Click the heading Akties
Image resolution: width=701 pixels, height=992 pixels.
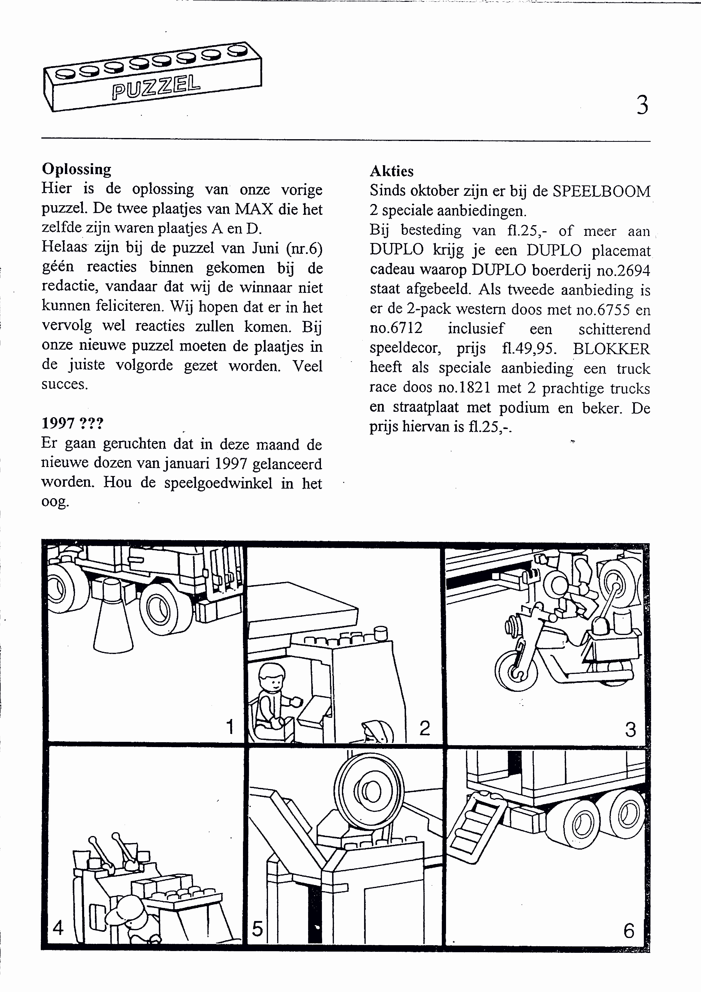click(391, 171)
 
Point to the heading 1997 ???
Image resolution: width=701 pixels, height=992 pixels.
click(72, 423)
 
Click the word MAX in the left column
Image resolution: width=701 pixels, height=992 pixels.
click(254, 209)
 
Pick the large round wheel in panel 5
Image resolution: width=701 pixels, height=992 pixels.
click(369, 792)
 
